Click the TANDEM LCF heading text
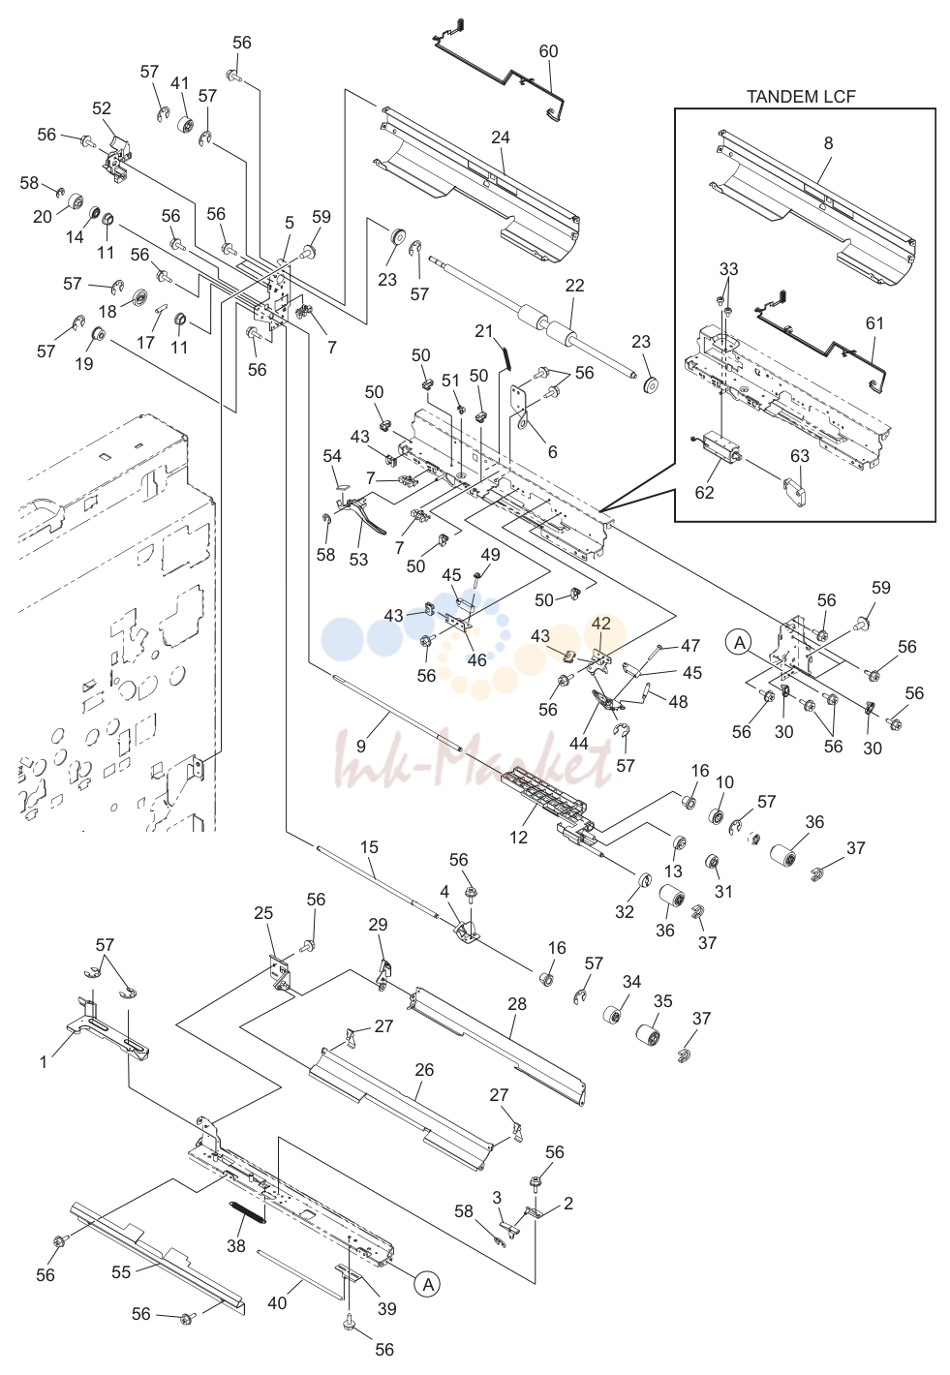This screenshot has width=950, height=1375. (801, 97)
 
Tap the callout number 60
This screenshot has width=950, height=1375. (548, 51)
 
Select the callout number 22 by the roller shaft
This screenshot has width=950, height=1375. (575, 286)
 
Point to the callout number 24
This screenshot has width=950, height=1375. (501, 137)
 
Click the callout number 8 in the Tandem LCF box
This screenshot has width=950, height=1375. (828, 143)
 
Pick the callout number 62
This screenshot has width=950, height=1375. (704, 492)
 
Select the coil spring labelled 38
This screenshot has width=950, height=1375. (247, 1220)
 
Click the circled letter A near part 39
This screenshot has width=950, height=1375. (429, 1284)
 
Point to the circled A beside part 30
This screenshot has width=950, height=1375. (740, 643)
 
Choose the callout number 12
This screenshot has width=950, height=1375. (518, 837)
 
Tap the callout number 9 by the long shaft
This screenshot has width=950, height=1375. (361, 746)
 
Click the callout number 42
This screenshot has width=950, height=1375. (601, 623)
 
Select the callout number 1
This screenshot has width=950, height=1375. (43, 1061)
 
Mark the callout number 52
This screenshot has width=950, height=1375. (102, 108)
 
